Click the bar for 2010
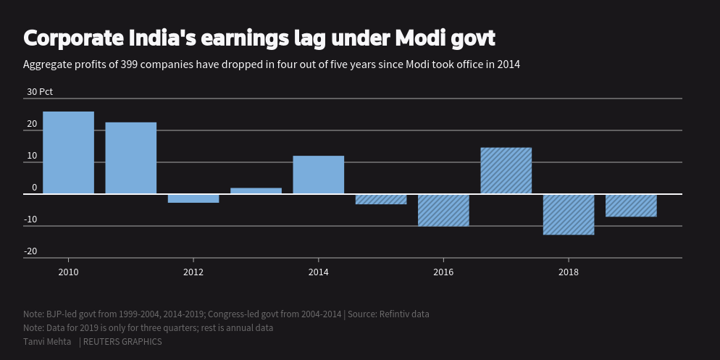(69, 153)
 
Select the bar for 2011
(131, 158)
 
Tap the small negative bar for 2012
(193, 198)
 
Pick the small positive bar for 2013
(256, 191)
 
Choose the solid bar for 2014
(319, 175)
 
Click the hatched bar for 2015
(381, 199)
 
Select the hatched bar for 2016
(443, 210)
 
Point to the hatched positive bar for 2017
(506, 171)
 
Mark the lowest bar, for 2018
(569, 214)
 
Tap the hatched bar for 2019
(631, 206)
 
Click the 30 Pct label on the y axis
(40, 92)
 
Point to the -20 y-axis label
(30, 251)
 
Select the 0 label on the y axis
(34, 188)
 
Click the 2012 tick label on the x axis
(193, 272)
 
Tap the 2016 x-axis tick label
(443, 272)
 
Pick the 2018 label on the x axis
(569, 272)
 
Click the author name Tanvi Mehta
(47, 341)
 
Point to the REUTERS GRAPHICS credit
(122, 341)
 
